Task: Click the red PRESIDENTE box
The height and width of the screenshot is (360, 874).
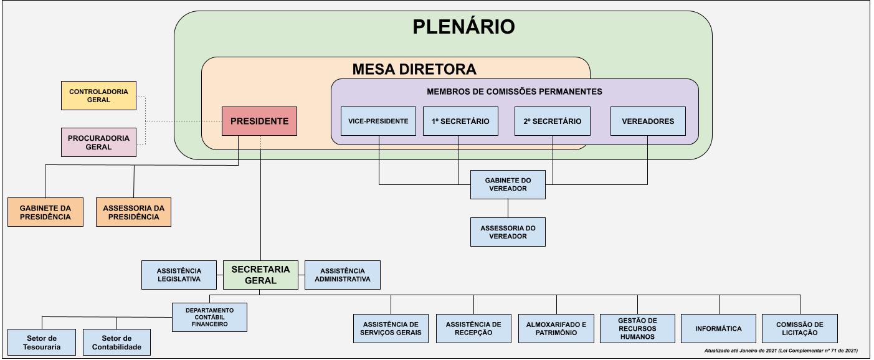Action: coord(260,121)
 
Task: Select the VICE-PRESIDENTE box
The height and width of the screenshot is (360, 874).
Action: coord(379,121)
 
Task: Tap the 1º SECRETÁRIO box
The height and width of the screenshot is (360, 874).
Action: coord(460,121)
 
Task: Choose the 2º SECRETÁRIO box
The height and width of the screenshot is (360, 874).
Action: coord(553,121)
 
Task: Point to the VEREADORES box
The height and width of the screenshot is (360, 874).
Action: coord(648,121)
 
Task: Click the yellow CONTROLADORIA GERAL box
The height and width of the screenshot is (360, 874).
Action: coord(98,95)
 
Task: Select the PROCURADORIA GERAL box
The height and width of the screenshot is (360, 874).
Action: coord(98,142)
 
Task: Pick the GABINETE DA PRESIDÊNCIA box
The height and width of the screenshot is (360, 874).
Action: coord(45,212)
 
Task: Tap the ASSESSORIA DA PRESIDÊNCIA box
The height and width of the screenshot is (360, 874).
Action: coord(133,212)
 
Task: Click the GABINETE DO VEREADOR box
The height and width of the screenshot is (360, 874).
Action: coord(507,184)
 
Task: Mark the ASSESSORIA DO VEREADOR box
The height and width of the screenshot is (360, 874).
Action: coord(507,232)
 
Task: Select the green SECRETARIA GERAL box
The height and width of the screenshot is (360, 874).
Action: coord(260,275)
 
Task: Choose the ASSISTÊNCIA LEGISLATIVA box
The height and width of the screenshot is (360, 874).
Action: coord(179,275)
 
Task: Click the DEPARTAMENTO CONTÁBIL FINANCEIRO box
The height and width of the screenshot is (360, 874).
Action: coord(209,317)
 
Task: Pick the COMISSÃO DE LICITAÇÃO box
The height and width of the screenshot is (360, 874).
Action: coord(800,328)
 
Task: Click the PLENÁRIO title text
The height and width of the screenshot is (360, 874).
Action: coord(463,27)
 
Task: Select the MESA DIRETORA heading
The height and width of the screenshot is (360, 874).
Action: coord(414,69)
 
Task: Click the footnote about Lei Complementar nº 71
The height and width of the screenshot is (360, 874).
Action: coord(781,351)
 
